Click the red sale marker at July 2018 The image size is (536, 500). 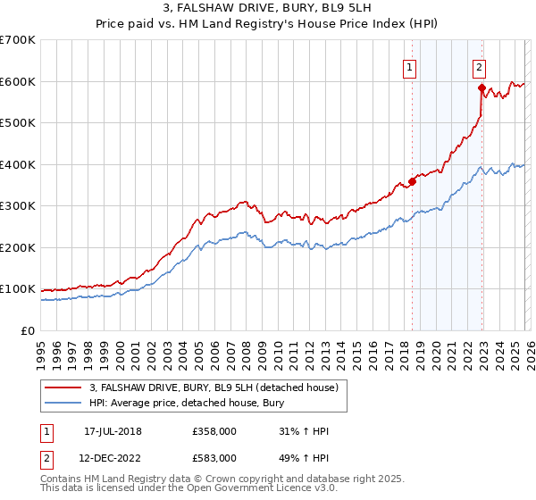pyautogui.click(x=412, y=182)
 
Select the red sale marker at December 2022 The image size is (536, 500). pyautogui.click(x=482, y=87)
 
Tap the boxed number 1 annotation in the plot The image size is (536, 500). pyautogui.click(x=410, y=65)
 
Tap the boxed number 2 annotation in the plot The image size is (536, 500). pyautogui.click(x=480, y=65)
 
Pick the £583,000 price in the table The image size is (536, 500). pyautogui.click(x=214, y=458)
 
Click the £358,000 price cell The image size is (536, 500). pyautogui.click(x=214, y=431)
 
